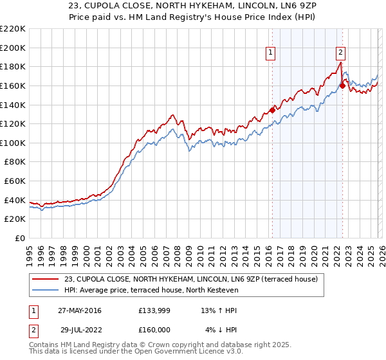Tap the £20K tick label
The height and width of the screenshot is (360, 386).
click(15, 219)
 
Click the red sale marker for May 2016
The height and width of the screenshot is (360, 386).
click(272, 110)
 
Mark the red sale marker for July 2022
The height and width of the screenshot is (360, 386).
click(342, 85)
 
